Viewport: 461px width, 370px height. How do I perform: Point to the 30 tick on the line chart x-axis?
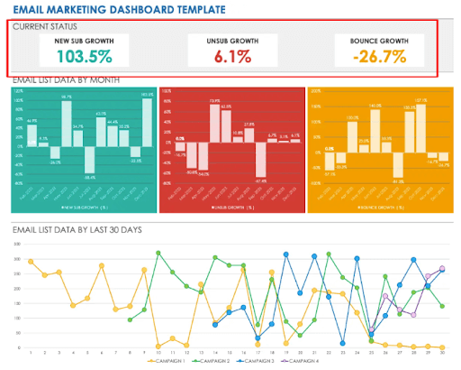pyautogui.click(x=442, y=353)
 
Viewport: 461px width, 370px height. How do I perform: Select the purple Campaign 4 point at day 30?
pyautogui.click(x=442, y=269)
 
